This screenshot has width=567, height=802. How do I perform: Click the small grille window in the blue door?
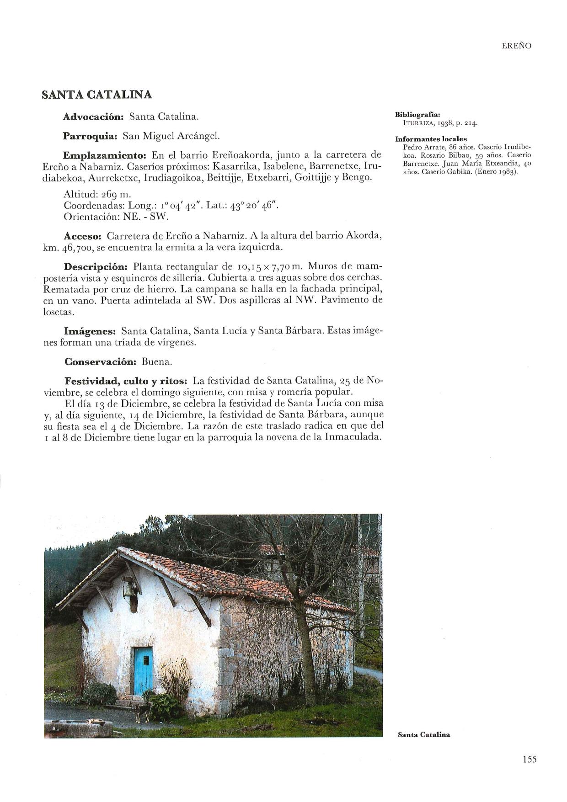tap(146, 661)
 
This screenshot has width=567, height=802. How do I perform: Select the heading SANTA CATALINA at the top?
tap(96, 95)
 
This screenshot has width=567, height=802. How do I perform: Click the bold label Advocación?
tap(93, 117)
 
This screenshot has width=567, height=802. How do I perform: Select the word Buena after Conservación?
tap(156, 362)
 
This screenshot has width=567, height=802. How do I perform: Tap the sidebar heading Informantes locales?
tap(431, 139)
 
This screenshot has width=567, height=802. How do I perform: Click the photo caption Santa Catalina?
tap(424, 735)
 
